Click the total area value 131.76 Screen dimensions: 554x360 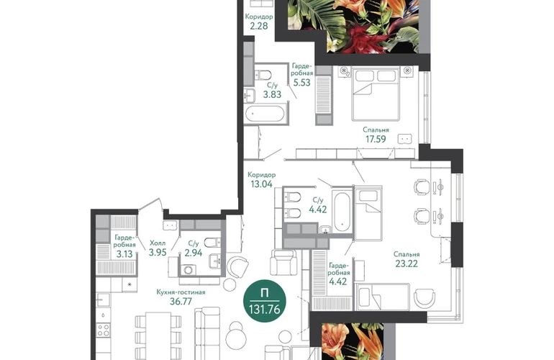point(264,310)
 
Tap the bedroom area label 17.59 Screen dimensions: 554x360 point(376,139)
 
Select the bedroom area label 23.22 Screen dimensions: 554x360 point(407,264)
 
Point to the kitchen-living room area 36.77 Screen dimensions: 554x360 point(181,301)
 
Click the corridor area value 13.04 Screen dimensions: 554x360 point(261,184)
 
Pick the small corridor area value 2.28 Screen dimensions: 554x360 point(258,26)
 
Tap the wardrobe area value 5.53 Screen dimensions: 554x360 point(301,83)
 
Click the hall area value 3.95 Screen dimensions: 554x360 point(158,253)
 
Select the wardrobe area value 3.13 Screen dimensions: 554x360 point(124,254)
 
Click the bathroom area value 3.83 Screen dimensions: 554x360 point(272,94)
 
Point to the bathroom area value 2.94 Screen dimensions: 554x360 point(194,253)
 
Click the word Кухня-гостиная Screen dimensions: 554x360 point(181,292)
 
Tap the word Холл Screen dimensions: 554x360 point(158,243)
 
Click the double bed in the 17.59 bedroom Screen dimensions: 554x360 point(376,94)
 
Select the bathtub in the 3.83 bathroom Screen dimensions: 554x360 point(265,114)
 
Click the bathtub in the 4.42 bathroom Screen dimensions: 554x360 point(342,211)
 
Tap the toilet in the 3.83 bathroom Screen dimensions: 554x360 point(263,75)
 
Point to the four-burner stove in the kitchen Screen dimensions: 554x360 point(104,330)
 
